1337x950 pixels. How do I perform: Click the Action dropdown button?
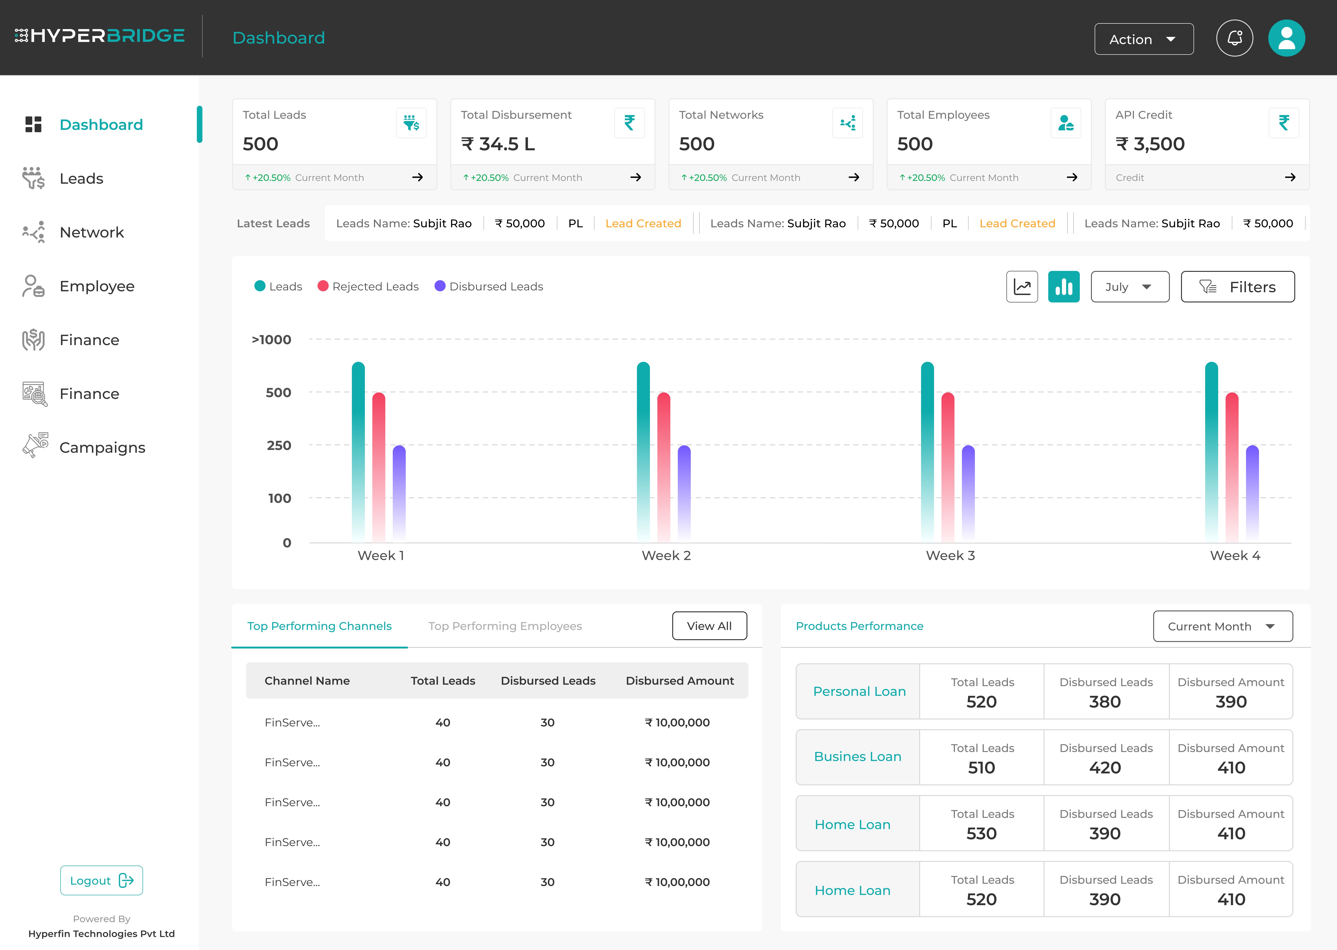tap(1143, 39)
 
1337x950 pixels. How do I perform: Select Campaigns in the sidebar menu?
tap(102, 447)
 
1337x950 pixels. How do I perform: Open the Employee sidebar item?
tap(97, 286)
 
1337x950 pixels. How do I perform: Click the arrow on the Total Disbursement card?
tap(635, 177)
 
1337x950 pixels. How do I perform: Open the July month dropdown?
tap(1129, 287)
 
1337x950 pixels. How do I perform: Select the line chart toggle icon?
tap(1022, 287)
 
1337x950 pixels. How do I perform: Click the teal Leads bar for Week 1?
tap(358, 450)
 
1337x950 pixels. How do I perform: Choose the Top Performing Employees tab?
tap(505, 626)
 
